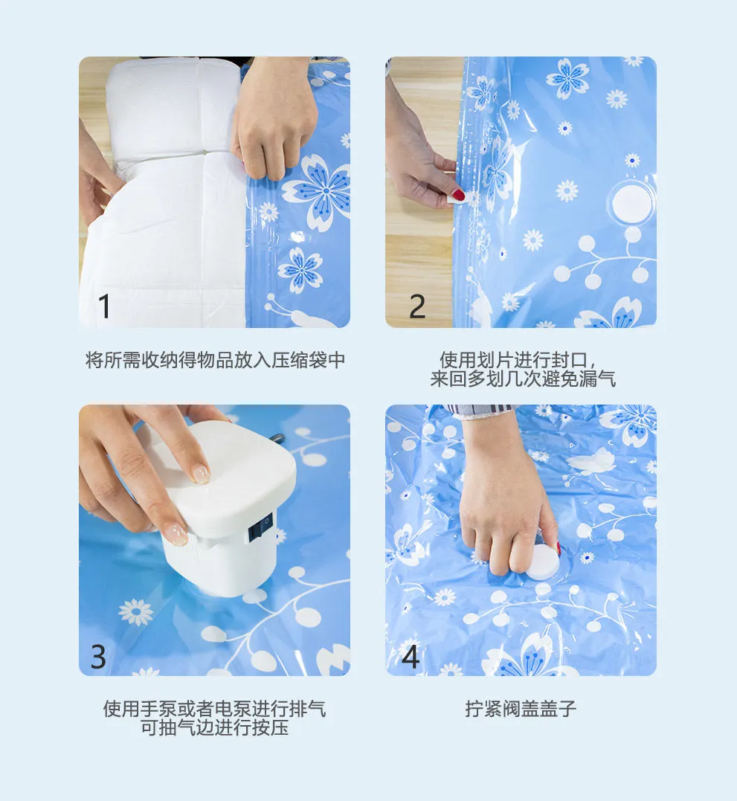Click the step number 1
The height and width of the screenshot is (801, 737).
(x=104, y=306)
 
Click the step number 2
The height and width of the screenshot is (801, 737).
(x=417, y=306)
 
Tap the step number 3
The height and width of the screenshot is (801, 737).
(x=98, y=657)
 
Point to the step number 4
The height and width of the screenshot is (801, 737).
(x=411, y=657)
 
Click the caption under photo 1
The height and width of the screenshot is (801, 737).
(x=215, y=360)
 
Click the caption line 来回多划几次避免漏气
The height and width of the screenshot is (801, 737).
(x=523, y=379)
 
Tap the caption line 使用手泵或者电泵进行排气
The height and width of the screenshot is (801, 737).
(x=214, y=709)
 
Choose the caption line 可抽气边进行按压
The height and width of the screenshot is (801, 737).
(x=214, y=727)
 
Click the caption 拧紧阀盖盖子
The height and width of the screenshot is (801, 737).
(x=521, y=709)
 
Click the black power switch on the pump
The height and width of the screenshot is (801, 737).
(x=260, y=528)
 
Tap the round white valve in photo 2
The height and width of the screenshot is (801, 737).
(x=632, y=203)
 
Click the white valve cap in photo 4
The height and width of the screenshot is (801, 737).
(x=543, y=562)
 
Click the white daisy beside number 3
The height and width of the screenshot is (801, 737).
(x=136, y=612)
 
